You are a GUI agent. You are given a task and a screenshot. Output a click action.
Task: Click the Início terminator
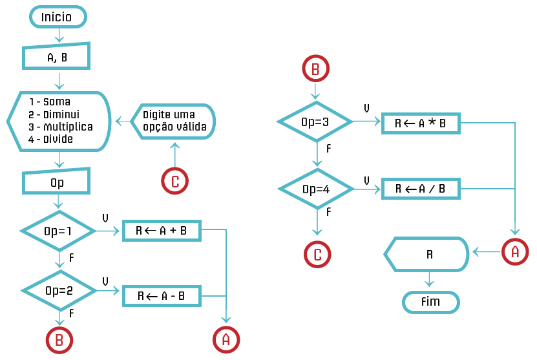pyautogui.click(x=57, y=17)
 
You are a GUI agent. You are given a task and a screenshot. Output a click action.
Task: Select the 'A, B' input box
pyautogui.click(x=57, y=58)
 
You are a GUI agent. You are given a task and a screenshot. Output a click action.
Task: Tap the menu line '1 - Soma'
pyautogui.click(x=49, y=101)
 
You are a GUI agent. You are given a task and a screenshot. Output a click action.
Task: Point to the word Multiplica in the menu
pyautogui.click(x=68, y=127)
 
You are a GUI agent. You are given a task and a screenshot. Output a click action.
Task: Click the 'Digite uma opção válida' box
pyautogui.click(x=174, y=121)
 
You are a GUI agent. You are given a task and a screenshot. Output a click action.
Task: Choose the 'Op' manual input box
pyautogui.click(x=57, y=183)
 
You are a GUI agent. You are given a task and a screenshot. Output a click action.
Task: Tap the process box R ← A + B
pyautogui.click(x=161, y=230)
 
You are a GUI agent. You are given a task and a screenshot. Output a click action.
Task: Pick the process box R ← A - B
pyautogui.click(x=161, y=296)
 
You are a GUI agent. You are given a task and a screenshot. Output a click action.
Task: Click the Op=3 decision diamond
pyautogui.click(x=315, y=121)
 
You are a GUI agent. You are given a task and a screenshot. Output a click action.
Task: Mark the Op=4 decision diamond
pyautogui.click(x=315, y=189)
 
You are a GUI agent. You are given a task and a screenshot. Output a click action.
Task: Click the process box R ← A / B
pyautogui.click(x=420, y=188)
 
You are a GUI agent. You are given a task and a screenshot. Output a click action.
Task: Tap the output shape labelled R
pyautogui.click(x=428, y=253)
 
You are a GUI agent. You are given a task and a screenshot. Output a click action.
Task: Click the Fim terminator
pyautogui.click(x=430, y=302)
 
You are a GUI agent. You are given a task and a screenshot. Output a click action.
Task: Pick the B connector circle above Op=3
pyautogui.click(x=315, y=69)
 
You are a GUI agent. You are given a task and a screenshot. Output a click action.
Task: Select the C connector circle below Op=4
pyautogui.click(x=317, y=254)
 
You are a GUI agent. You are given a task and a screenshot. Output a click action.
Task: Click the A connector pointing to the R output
pyautogui.click(x=515, y=251)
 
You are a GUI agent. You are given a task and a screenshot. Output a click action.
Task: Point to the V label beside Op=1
pyautogui.click(x=105, y=218)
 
